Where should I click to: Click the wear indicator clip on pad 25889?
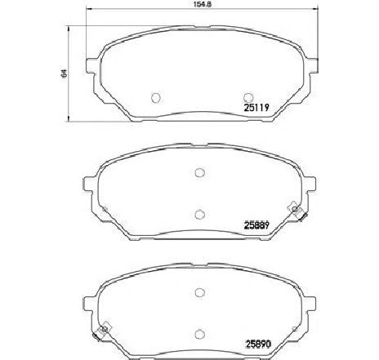click(x=296, y=212)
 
